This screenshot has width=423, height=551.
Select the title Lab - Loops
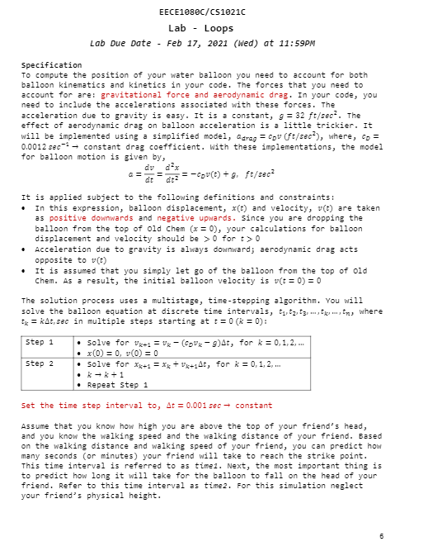pos(212,27)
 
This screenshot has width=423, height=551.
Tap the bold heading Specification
pos(51,64)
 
